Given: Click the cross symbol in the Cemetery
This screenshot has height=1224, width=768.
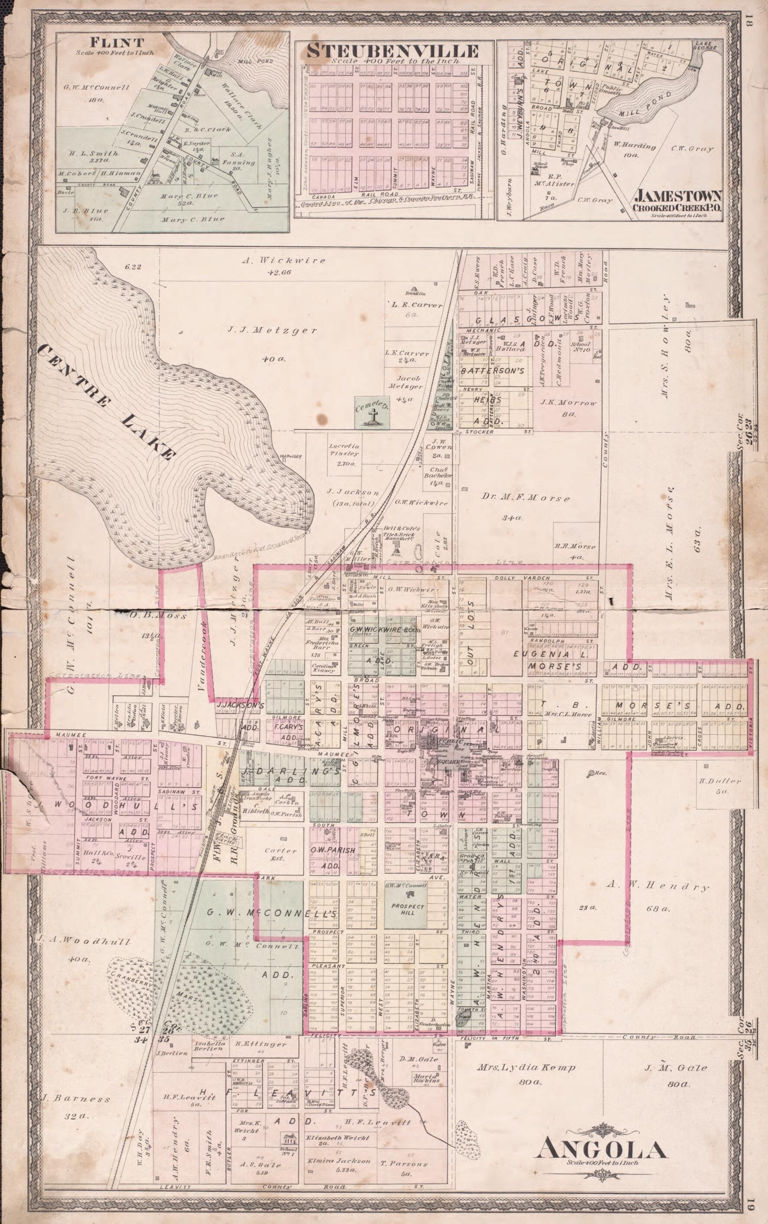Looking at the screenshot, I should coord(373,418).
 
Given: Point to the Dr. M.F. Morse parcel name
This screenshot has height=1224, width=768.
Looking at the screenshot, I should coord(525,498).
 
